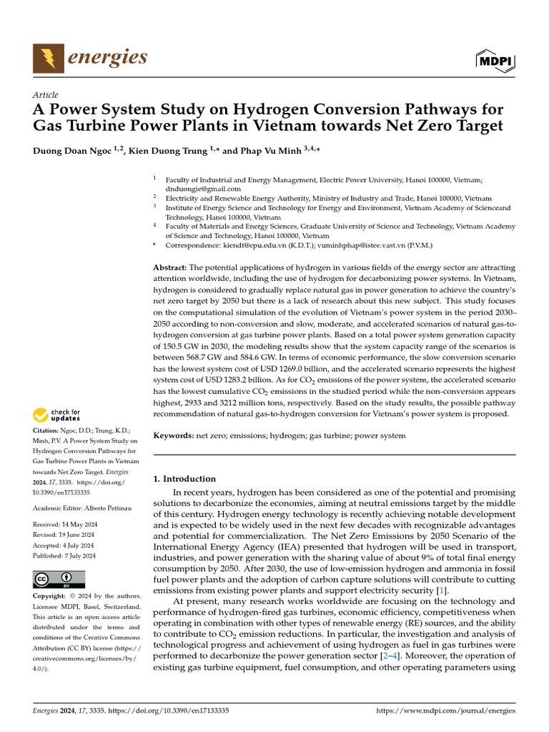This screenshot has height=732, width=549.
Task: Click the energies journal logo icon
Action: coord(49,58)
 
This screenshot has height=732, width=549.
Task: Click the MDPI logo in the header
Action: coord(495,61)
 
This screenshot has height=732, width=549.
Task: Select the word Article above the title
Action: coord(46,95)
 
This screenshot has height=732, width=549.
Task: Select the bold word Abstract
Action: coord(170,267)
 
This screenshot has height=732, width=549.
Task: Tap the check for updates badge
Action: coord(57,415)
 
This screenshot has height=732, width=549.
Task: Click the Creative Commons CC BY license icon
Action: coord(59,578)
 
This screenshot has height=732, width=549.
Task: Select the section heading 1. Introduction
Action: coord(184,479)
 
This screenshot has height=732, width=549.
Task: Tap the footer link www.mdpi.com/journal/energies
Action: coord(445,712)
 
